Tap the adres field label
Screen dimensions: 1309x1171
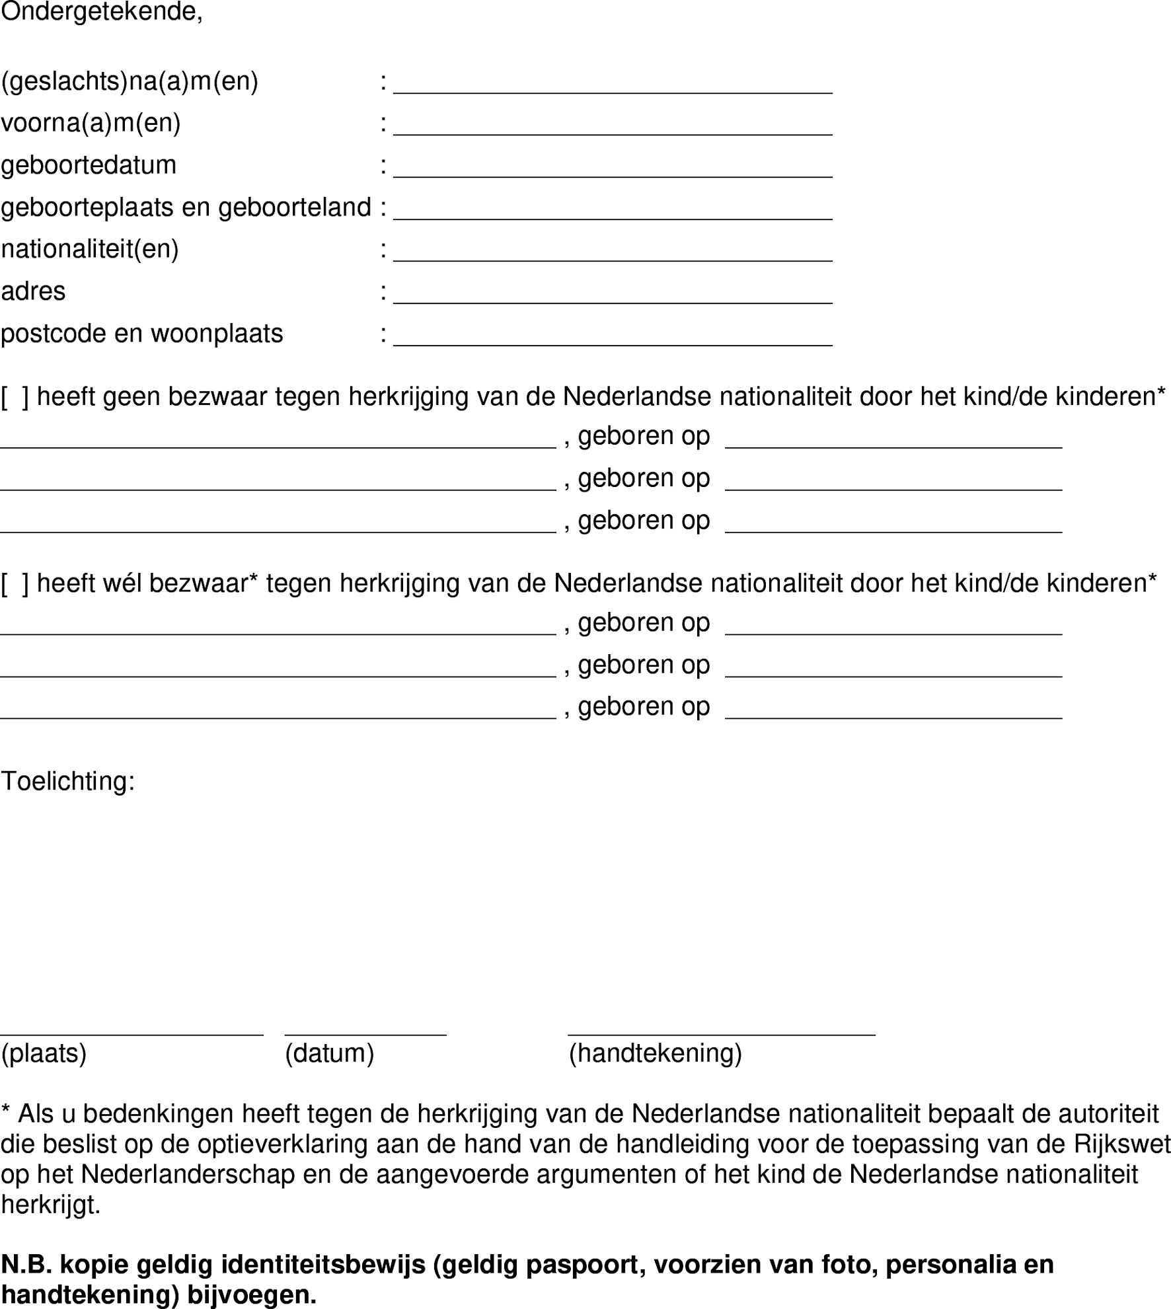pos(33,291)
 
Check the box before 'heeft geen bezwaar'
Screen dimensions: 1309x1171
pos(15,397)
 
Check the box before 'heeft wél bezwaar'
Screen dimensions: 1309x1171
pos(15,583)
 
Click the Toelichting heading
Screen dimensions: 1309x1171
pos(67,781)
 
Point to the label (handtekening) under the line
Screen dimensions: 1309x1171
pos(655,1053)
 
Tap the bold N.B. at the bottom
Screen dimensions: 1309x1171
pos(26,1264)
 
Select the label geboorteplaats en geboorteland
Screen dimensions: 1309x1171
pos(186,207)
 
